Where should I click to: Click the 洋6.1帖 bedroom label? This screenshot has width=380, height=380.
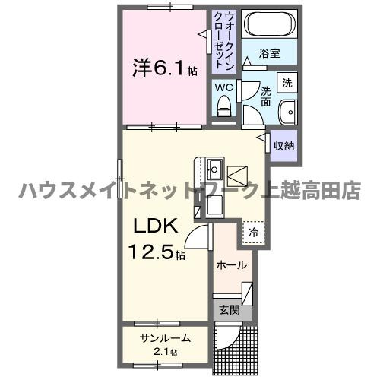pos(162,69)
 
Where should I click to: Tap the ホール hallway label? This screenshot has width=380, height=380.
pos(231,265)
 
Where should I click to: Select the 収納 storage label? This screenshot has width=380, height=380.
pos(284,145)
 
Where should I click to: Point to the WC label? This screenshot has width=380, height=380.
pos(223,88)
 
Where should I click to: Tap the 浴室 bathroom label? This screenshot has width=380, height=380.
pos(269,55)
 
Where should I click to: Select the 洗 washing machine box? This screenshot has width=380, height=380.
pos(287,82)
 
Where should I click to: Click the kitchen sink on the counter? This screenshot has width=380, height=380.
pos(214,167)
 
